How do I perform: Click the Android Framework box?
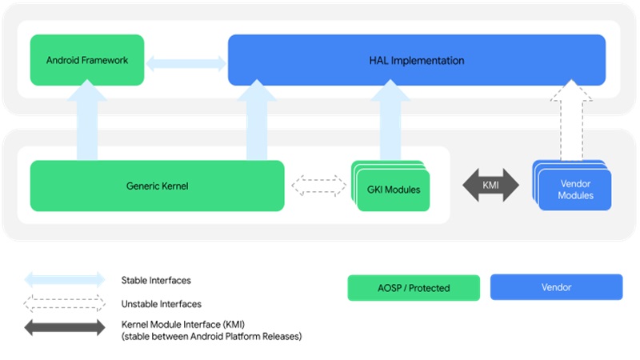pos(87,60)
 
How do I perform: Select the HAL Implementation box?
pos(416,60)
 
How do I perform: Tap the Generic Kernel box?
pos(157,186)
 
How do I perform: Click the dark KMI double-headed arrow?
pos(490,185)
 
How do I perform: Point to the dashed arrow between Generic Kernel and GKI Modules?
pos(318,186)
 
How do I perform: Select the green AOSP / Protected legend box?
pos(414,288)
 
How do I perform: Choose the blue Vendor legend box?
pos(556,287)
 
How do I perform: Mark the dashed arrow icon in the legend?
pos(65,304)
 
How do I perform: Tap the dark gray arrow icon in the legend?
pos(65,327)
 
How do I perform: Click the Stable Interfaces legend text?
pos(156,281)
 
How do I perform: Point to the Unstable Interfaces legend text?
pos(161,304)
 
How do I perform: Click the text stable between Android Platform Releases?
pos(210,337)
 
